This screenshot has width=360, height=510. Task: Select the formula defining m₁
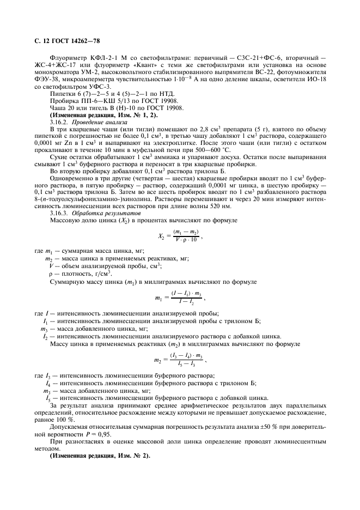tap(179, 297)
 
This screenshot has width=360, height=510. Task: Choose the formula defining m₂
tap(179, 360)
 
